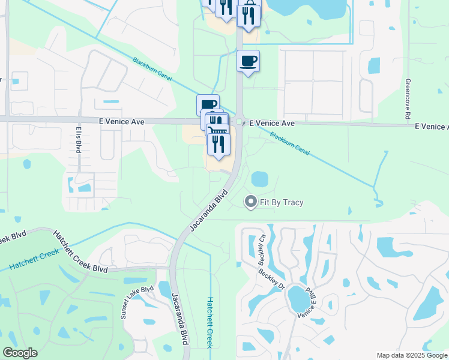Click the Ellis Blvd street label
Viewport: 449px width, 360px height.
pyautogui.click(x=78, y=139)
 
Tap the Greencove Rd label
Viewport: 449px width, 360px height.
pyautogui.click(x=408, y=98)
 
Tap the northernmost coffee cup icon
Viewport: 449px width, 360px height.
pyautogui.click(x=248, y=61)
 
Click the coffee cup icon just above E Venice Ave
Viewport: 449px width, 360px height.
pyautogui.click(x=208, y=104)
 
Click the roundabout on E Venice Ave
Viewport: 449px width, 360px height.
pyautogui.click(x=239, y=122)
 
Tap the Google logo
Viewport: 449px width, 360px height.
pyautogui.click(x=20, y=353)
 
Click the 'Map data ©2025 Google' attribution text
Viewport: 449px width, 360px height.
pyautogui.click(x=412, y=355)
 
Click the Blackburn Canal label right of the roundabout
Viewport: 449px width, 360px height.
pyautogui.click(x=289, y=144)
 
